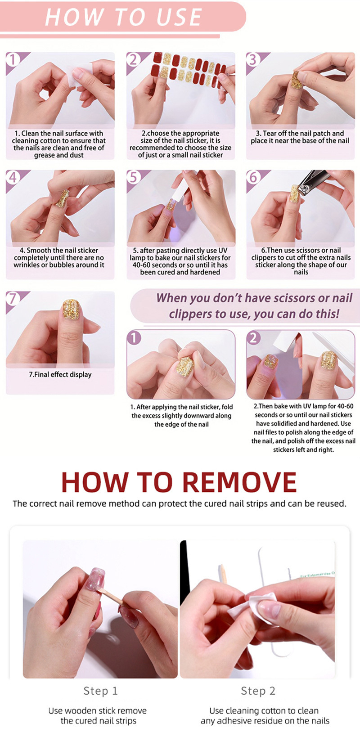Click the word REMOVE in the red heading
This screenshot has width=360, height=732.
[x=239, y=482]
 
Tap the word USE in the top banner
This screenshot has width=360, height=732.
[x=179, y=17]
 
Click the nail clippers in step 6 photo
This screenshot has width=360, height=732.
[x=313, y=183]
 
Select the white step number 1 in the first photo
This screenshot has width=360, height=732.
[x=13, y=60]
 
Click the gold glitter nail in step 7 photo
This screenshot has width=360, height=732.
[x=71, y=309]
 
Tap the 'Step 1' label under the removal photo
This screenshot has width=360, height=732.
[x=100, y=691]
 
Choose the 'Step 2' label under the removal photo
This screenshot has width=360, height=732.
[x=258, y=691]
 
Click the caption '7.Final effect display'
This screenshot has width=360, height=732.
[x=60, y=374]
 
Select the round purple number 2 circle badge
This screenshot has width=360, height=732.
[x=253, y=338]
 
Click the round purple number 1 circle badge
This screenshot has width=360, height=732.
[x=134, y=338]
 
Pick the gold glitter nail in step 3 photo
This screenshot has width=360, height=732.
[x=297, y=80]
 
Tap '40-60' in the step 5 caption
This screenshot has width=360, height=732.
[x=141, y=265]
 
